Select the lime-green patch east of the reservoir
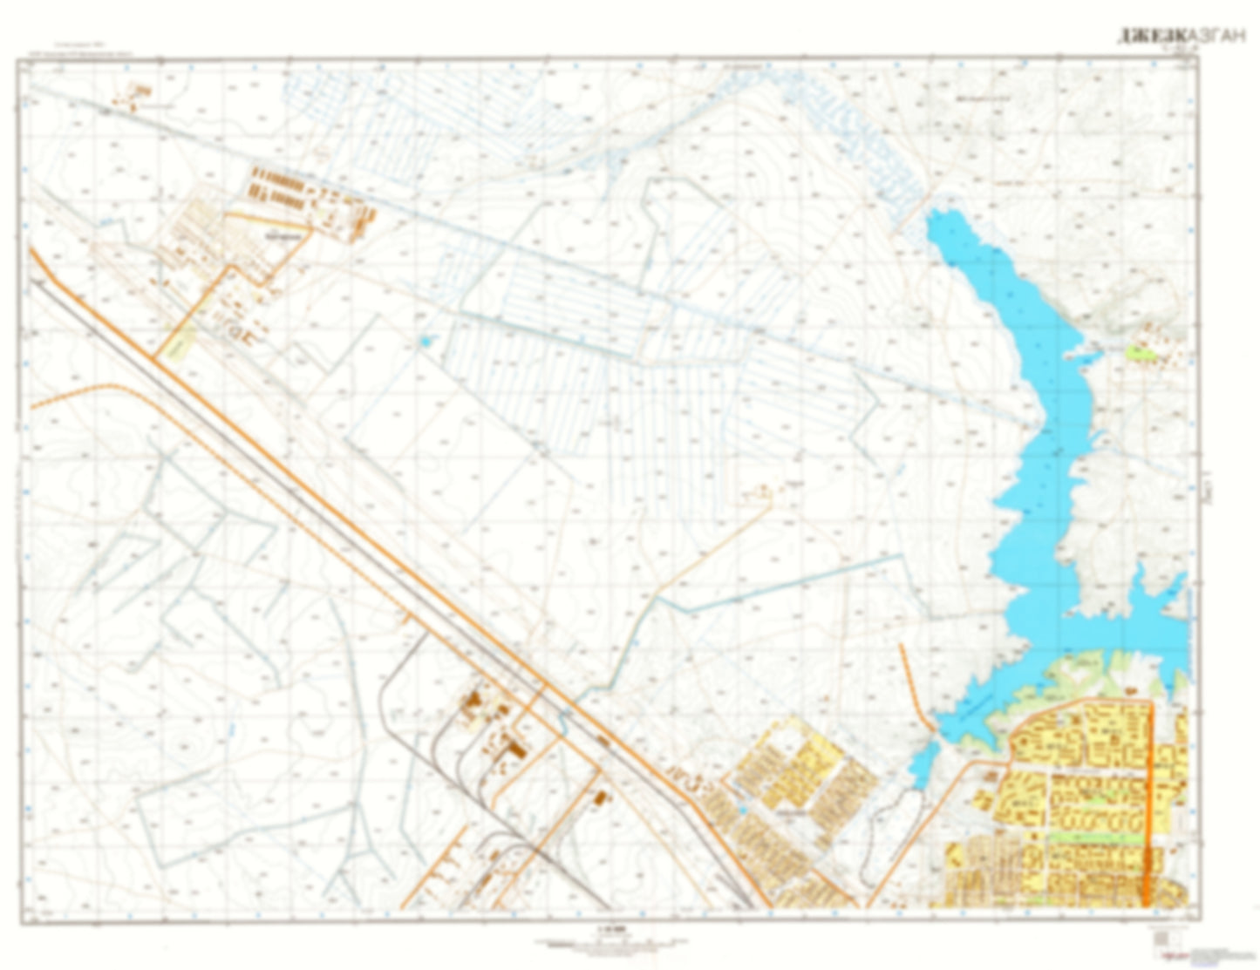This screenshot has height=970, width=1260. pyautogui.click(x=1139, y=353)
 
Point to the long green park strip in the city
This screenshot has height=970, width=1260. pyautogui.click(x=1094, y=837)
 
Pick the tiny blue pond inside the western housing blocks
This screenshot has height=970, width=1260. pyautogui.click(x=742, y=810)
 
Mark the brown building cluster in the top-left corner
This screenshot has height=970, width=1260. pyautogui.click(x=139, y=96)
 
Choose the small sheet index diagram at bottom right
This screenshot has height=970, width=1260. pyautogui.click(x=1161, y=937)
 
